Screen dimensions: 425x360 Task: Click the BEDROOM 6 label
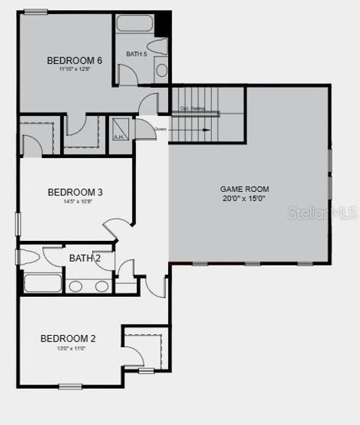[x=74, y=60]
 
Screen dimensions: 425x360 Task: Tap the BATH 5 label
[x=136, y=54]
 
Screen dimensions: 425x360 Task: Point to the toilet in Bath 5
[x=159, y=46]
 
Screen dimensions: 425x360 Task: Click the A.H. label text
[x=119, y=137]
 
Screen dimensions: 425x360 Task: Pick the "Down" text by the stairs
[x=160, y=129]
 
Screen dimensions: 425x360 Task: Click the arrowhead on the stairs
[x=208, y=130]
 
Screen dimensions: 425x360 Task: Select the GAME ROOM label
[x=244, y=188]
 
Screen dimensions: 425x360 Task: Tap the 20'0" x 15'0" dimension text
[x=244, y=199]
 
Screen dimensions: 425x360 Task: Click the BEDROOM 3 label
[x=75, y=192]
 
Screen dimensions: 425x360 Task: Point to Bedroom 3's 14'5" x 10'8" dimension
[x=75, y=202]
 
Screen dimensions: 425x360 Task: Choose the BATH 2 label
[x=84, y=258]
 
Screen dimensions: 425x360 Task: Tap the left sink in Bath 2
[x=78, y=286]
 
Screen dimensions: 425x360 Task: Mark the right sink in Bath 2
[x=102, y=286]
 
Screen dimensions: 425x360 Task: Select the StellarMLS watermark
[x=322, y=212]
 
